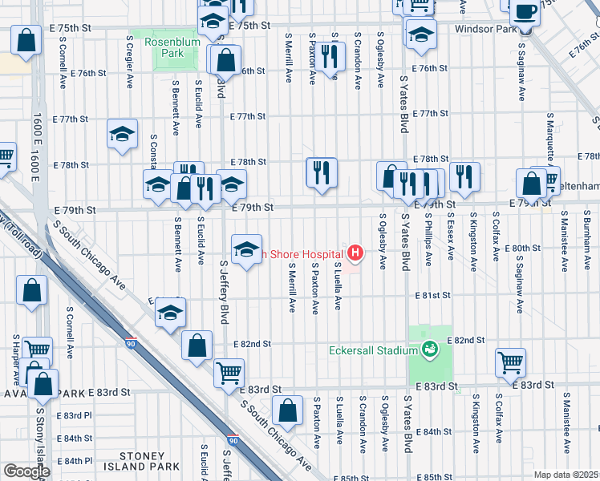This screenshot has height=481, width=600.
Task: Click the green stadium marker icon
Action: click(429, 350)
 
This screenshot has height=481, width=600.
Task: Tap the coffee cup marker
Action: click(525, 12)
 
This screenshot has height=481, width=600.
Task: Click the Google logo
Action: click(26, 471)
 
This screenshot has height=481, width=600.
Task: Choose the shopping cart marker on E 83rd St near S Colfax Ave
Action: click(510, 362)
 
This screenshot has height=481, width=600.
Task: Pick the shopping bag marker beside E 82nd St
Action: click(197, 346)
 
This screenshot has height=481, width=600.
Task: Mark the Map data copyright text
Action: click(566, 475)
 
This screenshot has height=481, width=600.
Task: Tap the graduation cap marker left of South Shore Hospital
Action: click(247, 249)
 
